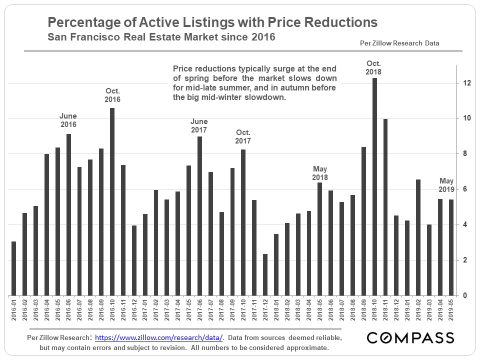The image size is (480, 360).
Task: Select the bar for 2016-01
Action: [13, 268]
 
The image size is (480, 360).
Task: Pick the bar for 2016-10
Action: [112, 201]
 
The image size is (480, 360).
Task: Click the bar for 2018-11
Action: [385, 207]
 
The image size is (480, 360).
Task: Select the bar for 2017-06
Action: [199, 216]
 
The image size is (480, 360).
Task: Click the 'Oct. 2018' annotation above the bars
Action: [373, 67]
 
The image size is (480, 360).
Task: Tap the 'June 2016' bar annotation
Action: [68, 120]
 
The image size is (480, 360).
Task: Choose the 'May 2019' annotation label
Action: [446, 185]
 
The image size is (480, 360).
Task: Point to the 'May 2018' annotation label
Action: [319, 173]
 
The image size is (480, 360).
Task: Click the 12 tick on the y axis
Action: [467, 83]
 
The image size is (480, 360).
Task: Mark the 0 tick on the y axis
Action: [465, 295]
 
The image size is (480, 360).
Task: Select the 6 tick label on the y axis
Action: [465, 189]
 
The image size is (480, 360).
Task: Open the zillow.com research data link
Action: [158, 338]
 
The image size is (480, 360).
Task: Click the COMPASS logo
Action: [410, 337]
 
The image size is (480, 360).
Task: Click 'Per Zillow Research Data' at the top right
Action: [399, 43]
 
